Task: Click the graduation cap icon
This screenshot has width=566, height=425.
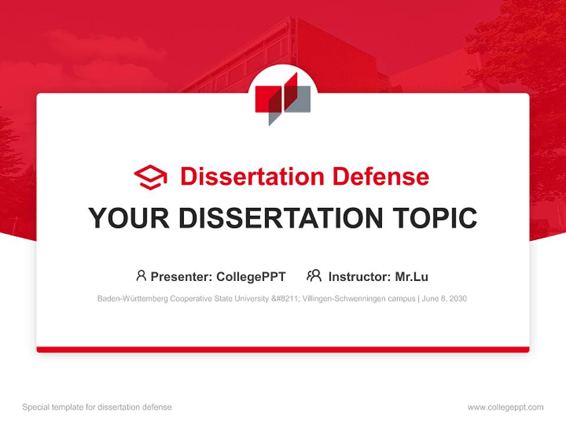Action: click(150, 176)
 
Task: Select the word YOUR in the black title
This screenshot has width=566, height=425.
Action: click(129, 218)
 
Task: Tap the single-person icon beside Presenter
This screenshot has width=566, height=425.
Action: click(141, 276)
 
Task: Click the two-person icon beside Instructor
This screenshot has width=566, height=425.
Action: click(314, 276)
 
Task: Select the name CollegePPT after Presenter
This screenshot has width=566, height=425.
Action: click(251, 276)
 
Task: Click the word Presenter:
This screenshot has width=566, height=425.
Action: click(182, 276)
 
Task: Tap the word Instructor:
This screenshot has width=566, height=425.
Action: click(360, 276)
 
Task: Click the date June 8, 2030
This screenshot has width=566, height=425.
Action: click(445, 299)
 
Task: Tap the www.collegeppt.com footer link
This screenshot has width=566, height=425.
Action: click(505, 407)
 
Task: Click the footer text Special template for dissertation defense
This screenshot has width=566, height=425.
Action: click(97, 407)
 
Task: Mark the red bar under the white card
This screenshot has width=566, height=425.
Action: click(283, 349)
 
